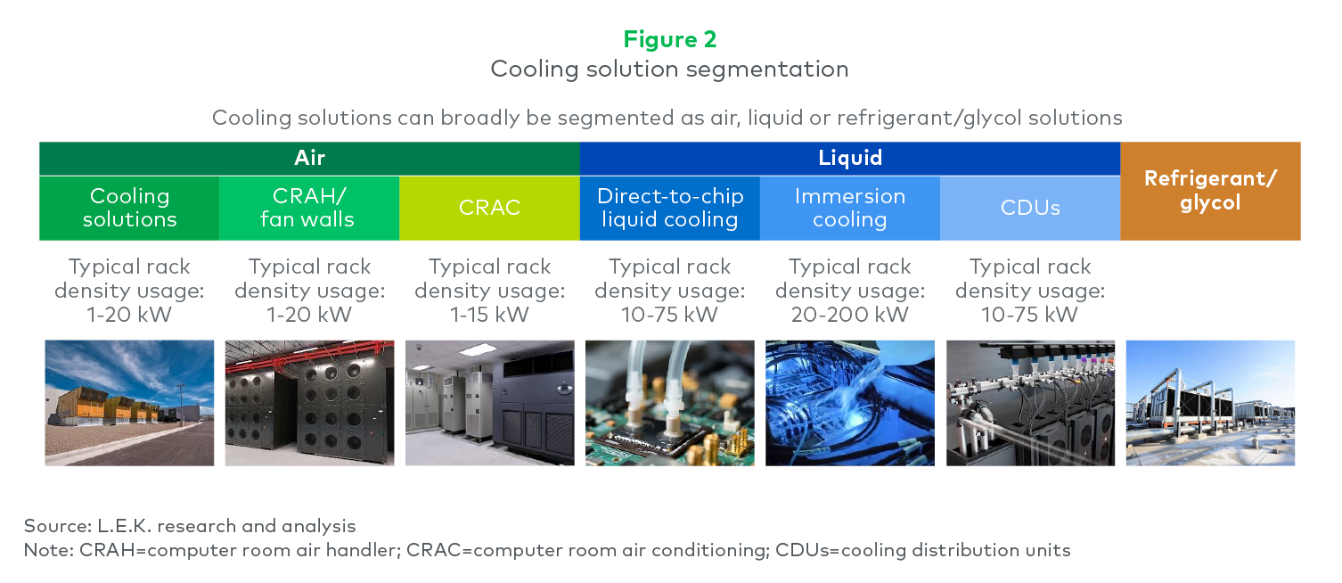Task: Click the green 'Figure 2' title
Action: tap(670, 39)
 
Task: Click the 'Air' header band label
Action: tap(310, 158)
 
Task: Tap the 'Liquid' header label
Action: tap(850, 158)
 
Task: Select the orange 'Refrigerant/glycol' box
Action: tap(1210, 191)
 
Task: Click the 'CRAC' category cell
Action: tap(489, 208)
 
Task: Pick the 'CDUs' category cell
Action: tap(1030, 208)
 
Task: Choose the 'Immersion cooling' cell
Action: tap(849, 208)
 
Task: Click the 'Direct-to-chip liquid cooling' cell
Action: tap(670, 208)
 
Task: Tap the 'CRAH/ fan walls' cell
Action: tap(309, 208)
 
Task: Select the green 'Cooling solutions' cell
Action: tap(129, 208)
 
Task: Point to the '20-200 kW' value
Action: tap(849, 315)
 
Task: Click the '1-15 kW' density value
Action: tap(489, 315)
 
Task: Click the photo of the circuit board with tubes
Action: tap(670, 403)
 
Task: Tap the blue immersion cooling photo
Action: tap(849, 403)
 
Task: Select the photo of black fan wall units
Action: tap(310, 403)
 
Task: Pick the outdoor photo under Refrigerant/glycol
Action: tap(1210, 403)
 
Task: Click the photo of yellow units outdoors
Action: tap(129, 403)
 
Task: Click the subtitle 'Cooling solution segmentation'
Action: tap(670, 69)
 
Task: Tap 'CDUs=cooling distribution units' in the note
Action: tap(922, 550)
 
